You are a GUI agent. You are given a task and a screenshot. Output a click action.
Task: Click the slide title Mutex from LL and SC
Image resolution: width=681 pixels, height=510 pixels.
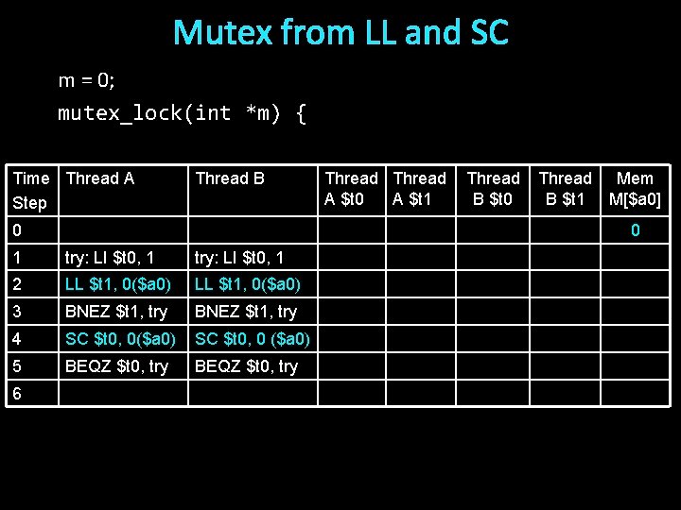point(340,33)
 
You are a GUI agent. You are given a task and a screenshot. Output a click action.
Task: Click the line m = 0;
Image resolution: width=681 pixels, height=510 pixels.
point(86,80)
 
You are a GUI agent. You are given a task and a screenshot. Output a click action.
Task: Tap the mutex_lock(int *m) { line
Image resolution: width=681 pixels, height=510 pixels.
point(182,113)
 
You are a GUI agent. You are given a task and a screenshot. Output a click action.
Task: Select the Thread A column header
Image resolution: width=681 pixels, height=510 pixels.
point(100,178)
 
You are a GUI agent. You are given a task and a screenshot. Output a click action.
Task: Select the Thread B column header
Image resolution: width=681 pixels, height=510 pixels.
point(230,178)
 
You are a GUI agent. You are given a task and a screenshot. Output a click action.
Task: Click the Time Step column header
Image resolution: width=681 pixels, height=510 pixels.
point(30,190)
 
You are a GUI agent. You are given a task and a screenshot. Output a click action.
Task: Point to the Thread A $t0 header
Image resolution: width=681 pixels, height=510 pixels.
point(351,188)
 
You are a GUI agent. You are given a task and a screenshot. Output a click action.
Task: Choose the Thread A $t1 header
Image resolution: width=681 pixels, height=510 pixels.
point(419,188)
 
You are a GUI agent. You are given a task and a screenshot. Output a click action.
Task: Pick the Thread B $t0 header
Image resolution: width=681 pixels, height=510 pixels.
point(493,188)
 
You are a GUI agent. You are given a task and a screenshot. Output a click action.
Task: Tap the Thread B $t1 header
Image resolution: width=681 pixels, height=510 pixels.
point(565,188)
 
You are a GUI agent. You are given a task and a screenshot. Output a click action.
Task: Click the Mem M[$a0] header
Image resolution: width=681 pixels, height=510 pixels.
point(635,188)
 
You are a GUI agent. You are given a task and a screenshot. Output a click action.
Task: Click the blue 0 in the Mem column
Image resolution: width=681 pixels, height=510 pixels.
point(636,230)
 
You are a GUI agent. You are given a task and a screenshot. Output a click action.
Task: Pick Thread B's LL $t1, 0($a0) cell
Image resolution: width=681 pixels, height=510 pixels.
point(248,284)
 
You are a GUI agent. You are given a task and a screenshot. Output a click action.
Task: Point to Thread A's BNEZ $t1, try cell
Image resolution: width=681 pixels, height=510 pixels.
point(115,312)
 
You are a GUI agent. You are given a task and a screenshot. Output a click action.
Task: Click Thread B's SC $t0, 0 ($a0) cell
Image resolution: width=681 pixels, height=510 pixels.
point(252,339)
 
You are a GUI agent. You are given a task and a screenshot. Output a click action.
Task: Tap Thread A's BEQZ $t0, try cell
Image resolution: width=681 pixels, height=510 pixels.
point(116,366)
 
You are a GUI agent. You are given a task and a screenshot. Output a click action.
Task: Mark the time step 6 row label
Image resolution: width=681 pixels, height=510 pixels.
point(15,394)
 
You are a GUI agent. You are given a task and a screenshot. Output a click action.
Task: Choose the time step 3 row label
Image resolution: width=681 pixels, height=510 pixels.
point(15,312)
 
